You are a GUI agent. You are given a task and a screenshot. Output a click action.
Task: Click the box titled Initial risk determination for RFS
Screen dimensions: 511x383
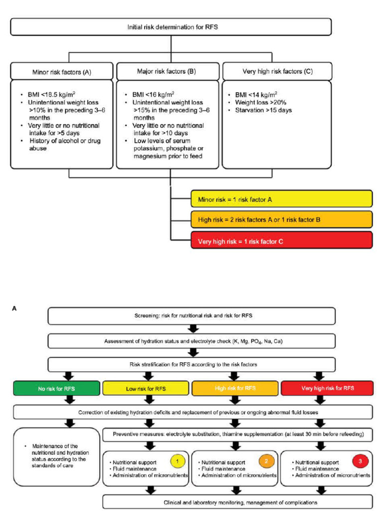click(171, 27)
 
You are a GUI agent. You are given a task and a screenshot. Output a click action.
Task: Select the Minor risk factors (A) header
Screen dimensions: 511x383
click(62, 71)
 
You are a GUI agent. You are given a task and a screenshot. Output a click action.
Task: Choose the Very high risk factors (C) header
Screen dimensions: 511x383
click(277, 71)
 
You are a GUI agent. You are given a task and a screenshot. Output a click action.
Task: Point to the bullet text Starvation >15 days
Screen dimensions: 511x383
click(264, 110)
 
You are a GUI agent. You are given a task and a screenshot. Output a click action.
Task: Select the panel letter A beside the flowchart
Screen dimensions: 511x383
click(14, 308)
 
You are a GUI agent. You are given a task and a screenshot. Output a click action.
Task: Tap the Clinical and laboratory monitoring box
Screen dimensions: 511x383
click(237, 501)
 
